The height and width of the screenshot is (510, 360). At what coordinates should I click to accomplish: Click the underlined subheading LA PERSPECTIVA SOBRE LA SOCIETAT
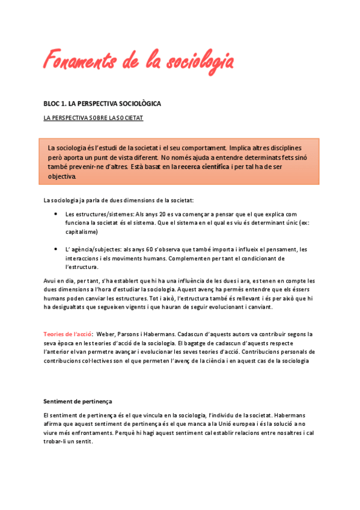pos(93,118)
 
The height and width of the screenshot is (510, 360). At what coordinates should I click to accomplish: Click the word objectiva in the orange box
pos(63,176)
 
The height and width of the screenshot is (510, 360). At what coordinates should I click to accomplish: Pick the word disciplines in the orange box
pos(281,147)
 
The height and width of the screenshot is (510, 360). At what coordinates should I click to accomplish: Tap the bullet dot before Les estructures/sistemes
pos(56,214)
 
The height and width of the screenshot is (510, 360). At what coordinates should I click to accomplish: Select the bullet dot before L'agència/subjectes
pos(56,249)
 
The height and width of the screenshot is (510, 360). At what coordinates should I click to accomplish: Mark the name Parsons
pos(133,334)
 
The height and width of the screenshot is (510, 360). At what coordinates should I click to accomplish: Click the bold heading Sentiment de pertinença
pos(78,401)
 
